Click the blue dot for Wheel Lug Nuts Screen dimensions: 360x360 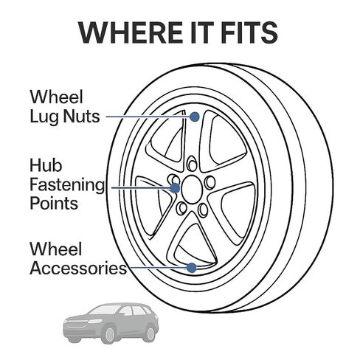pos(195,117)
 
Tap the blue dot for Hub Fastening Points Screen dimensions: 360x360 pos(175,188)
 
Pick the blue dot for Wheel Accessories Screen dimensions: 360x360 pos(191,268)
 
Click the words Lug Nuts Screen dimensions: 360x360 pos(65,117)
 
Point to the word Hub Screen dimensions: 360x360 pos(46,165)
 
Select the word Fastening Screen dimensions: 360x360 pos(67,185)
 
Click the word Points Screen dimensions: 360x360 pos(54,204)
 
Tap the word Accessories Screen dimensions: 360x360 pos(78,268)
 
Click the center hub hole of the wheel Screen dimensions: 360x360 pos(192,189)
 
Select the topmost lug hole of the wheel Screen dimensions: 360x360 pos(192,163)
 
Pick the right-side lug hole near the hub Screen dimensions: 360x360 pos(210,182)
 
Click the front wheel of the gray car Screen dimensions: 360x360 pos(109,335)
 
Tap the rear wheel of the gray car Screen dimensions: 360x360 pos(150,333)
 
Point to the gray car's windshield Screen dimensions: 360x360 pos(104,310)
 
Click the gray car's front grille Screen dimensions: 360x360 pos(75,323)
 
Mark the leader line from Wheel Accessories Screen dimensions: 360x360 pos(157,268)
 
